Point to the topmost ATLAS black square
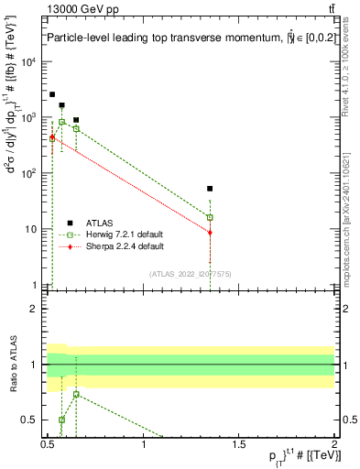point(52,94)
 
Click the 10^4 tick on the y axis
point(31,62)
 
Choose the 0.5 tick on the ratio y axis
point(33,420)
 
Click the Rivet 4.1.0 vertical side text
point(349,78)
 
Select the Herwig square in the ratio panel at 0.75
point(76,394)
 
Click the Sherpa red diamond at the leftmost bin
point(52,137)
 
